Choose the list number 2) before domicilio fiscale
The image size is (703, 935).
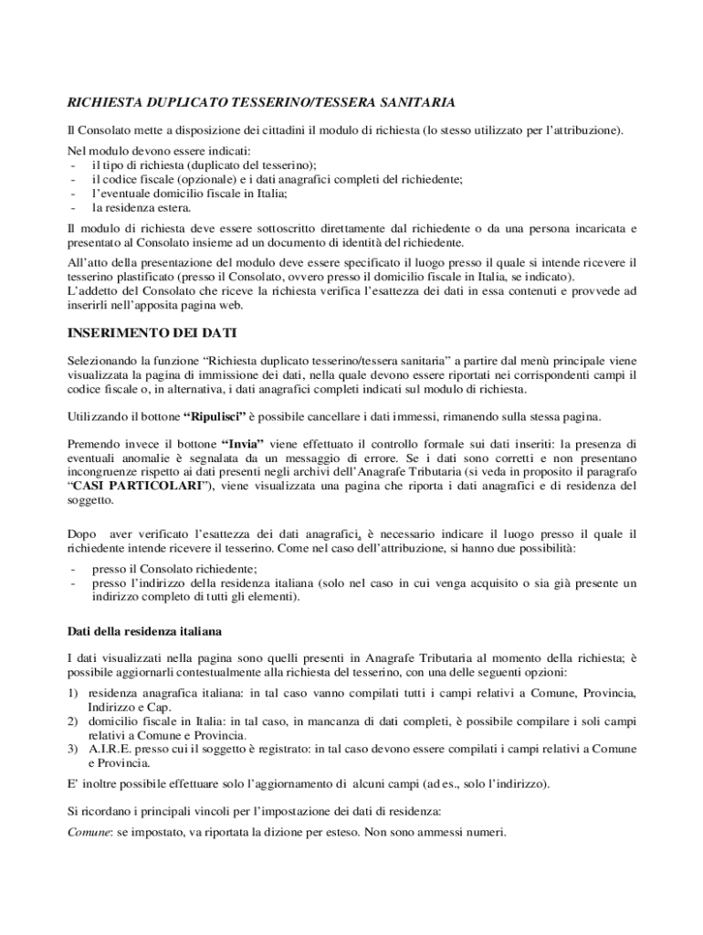pyautogui.click(x=75, y=720)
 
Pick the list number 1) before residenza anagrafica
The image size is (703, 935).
pyautogui.click(x=75, y=693)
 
